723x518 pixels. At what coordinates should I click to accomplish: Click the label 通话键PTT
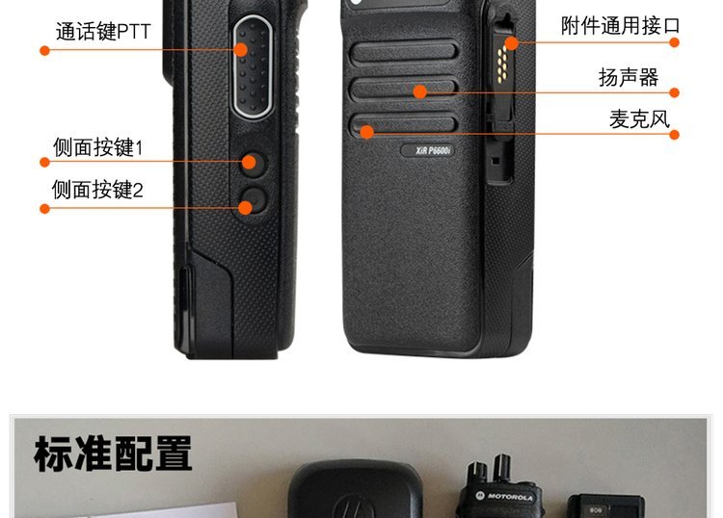click(x=103, y=32)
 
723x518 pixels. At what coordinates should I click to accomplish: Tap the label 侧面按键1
click(x=97, y=147)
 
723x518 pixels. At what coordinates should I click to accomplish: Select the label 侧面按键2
click(x=97, y=190)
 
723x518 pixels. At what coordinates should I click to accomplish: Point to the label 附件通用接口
click(x=620, y=25)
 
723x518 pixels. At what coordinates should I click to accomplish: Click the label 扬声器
click(x=629, y=77)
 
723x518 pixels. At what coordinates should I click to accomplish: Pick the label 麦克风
click(x=639, y=119)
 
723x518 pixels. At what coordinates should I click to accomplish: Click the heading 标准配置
click(x=113, y=453)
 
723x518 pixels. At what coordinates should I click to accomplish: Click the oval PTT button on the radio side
click(x=253, y=67)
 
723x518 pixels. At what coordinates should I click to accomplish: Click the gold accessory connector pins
click(x=502, y=65)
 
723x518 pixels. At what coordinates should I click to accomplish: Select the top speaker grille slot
click(x=404, y=52)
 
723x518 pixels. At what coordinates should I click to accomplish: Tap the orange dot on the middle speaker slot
click(x=420, y=91)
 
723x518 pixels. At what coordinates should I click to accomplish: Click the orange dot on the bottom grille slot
click(x=366, y=132)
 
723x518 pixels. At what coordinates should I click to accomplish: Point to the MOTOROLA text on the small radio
click(x=510, y=497)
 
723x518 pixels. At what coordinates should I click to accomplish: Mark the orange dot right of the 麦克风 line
click(x=674, y=135)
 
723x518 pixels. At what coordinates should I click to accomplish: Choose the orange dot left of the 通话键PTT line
click(x=44, y=50)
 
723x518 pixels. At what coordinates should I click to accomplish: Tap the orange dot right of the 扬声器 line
click(x=674, y=92)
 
